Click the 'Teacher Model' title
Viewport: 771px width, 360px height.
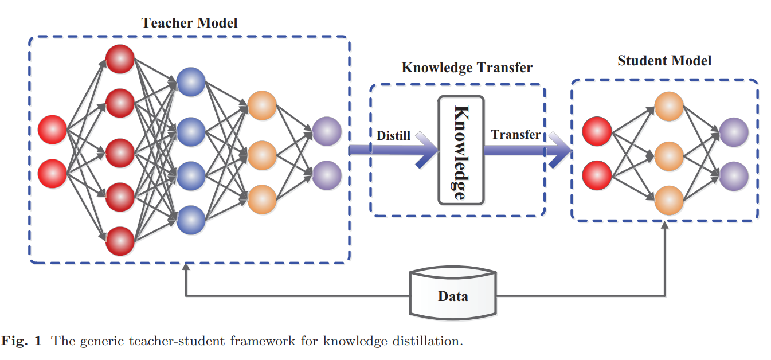tap(189, 23)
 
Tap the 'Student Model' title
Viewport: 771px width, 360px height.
tap(664, 61)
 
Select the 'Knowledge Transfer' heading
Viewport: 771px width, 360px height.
tap(467, 68)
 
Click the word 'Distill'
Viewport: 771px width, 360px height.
tap(393, 136)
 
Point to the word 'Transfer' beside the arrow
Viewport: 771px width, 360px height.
tap(515, 135)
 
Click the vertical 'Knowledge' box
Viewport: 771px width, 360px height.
tap(461, 150)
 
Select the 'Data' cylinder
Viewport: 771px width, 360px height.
tap(453, 293)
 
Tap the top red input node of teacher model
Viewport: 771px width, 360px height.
tap(52, 130)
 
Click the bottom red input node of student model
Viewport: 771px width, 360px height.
tap(597, 175)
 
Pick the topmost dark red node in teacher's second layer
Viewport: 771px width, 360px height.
tap(120, 59)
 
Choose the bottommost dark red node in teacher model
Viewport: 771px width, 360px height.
tap(120, 241)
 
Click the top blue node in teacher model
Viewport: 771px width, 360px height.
tap(191, 82)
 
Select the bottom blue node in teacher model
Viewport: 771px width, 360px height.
tap(191, 220)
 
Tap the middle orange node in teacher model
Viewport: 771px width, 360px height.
tap(262, 155)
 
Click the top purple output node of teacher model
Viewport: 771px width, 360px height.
tap(327, 131)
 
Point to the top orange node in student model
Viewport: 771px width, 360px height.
tap(669, 107)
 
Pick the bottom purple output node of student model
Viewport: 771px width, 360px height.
tap(734, 176)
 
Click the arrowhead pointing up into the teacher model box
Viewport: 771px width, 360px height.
tap(186, 267)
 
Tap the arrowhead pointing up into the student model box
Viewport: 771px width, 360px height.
tap(664, 225)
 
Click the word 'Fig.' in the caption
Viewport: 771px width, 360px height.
tap(14, 341)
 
